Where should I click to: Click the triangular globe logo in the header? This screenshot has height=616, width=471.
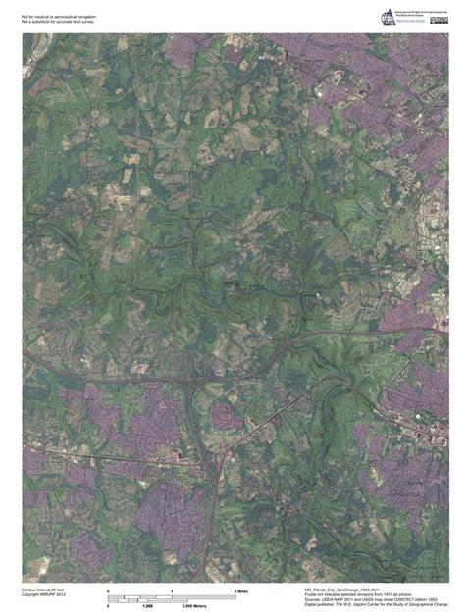click(389, 17)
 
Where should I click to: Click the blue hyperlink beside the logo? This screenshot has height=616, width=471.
click(411, 21)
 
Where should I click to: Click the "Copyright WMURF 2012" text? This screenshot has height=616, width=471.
click(43, 595)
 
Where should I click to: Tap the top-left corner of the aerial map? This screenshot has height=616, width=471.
click(24, 34)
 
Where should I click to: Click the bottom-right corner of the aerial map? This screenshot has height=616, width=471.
click(448, 582)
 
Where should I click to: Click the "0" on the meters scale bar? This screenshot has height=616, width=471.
click(108, 607)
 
